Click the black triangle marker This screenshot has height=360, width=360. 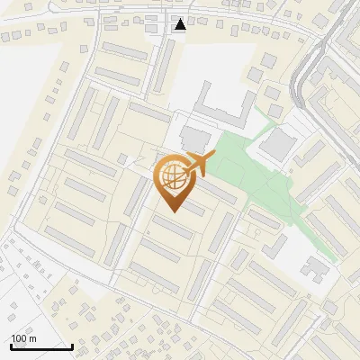pyautogui.click(x=181, y=24)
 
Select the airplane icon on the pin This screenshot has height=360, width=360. pyautogui.click(x=196, y=165)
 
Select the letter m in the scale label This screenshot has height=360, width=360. pyautogui.click(x=33, y=338)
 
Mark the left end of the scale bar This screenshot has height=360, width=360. pyautogui.click(x=11, y=346)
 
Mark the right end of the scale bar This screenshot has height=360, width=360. pyautogui.click(x=72, y=346)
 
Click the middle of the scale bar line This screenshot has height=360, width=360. pyautogui.click(x=41, y=346)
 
